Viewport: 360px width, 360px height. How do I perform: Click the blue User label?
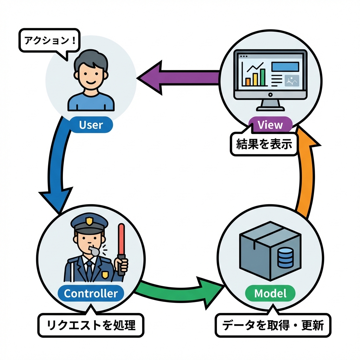pyautogui.click(x=91, y=125)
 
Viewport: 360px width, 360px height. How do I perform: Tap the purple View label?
pyautogui.click(x=270, y=125)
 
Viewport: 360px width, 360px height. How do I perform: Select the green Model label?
pyautogui.click(x=270, y=293)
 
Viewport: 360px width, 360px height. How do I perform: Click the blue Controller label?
pyautogui.click(x=91, y=293)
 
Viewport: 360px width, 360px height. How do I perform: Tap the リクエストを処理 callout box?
pyautogui.click(x=91, y=325)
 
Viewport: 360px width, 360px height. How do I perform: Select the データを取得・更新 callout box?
pyautogui.click(x=273, y=326)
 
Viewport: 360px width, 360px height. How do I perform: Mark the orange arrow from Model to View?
pyautogui.click(x=305, y=176)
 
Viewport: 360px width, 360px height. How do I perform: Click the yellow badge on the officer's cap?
pyautogui.click(x=90, y=221)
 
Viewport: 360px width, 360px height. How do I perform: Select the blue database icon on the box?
pyautogui.click(x=285, y=257)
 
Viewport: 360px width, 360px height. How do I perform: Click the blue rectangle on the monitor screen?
pyautogui.click(x=285, y=66)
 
